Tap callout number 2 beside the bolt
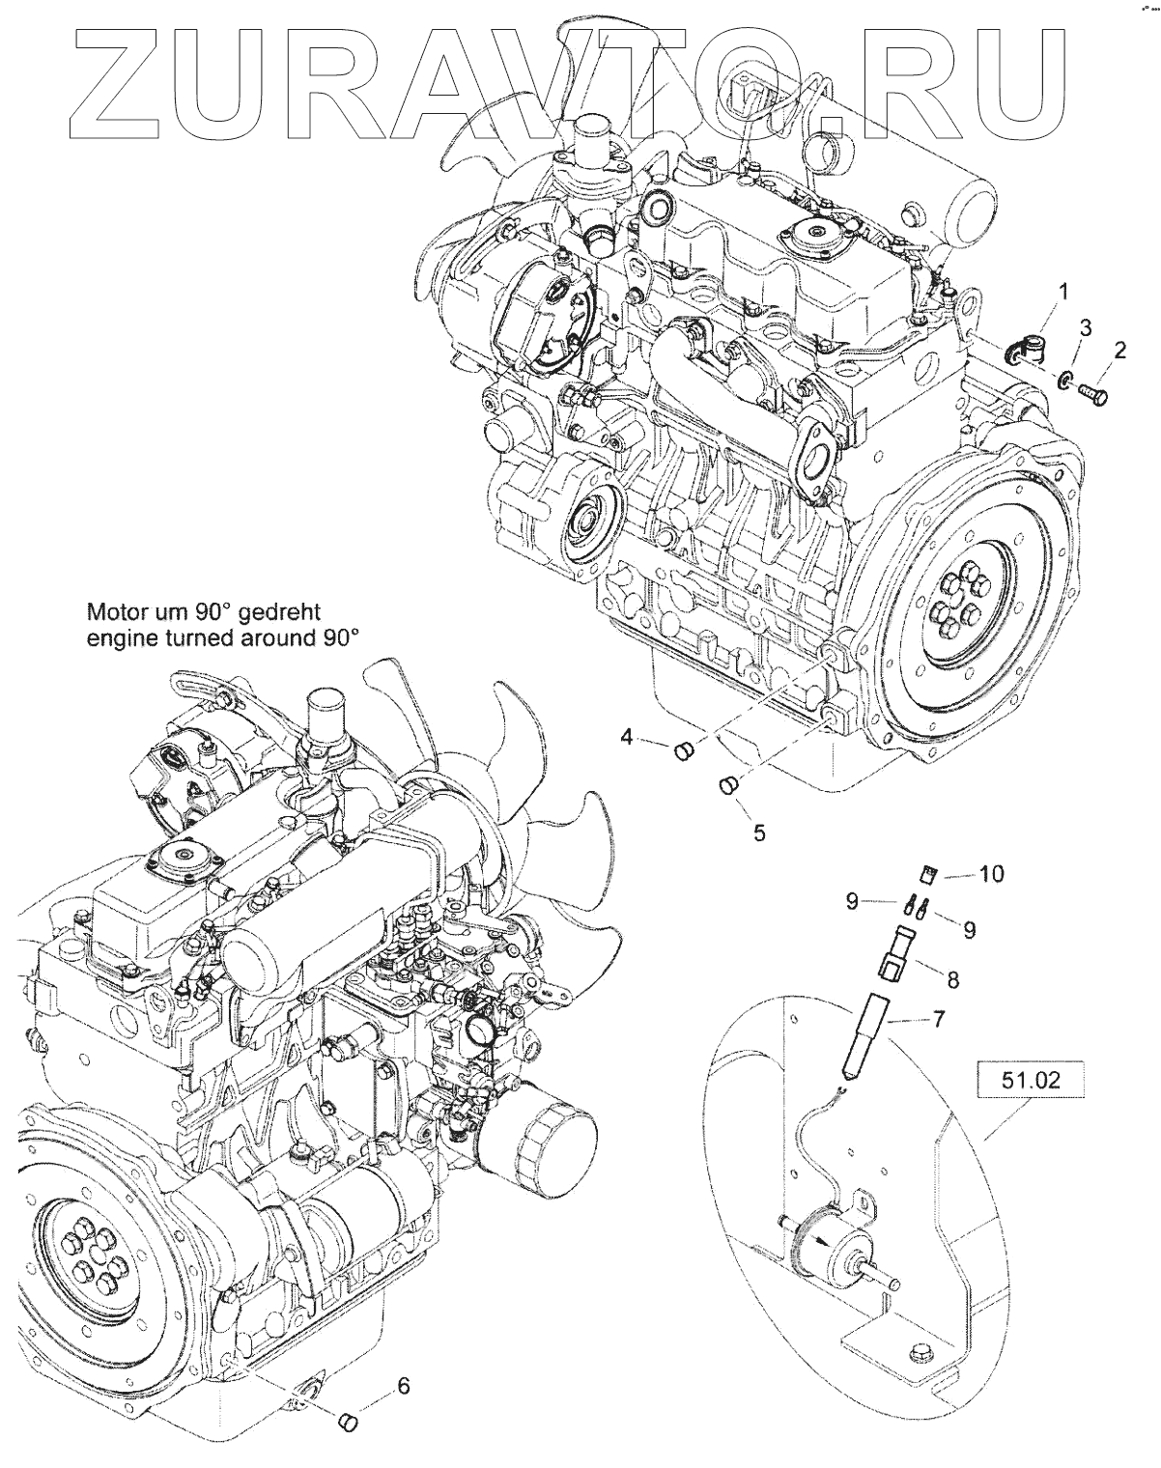click(1119, 351)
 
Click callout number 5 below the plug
click(759, 831)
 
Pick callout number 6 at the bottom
click(404, 1386)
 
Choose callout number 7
click(938, 1018)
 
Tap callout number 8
click(952, 979)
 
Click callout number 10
click(991, 874)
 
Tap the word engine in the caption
click(118, 637)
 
